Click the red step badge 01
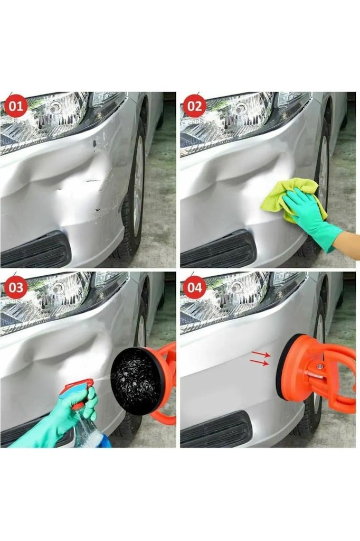pyautogui.click(x=15, y=105)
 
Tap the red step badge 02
pyautogui.click(x=195, y=105)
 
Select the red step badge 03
pyautogui.click(x=15, y=287)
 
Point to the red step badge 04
pyautogui.click(x=195, y=287)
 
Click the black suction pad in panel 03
pyautogui.click(x=137, y=381)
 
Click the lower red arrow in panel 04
pyautogui.click(x=259, y=362)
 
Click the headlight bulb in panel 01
pyautogui.click(x=55, y=109)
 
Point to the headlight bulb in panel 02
pyautogui.click(x=241, y=109)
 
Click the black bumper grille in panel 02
pyautogui.click(x=217, y=249)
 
